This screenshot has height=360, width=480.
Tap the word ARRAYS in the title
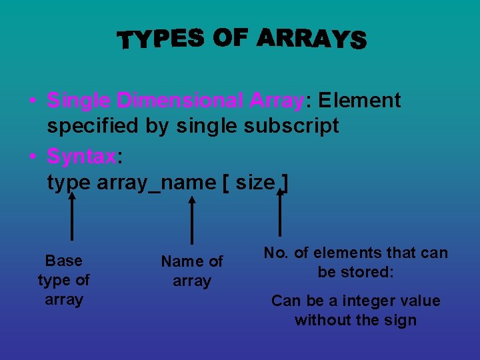(x=311, y=40)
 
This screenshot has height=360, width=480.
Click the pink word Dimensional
(x=181, y=101)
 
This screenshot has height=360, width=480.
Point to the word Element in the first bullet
(x=359, y=101)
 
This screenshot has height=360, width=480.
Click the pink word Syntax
(x=81, y=157)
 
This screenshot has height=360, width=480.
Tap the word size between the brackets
(x=255, y=182)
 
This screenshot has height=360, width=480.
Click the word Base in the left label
(x=64, y=261)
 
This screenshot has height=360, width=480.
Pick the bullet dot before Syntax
(x=32, y=157)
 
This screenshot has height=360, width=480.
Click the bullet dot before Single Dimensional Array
(x=32, y=101)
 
